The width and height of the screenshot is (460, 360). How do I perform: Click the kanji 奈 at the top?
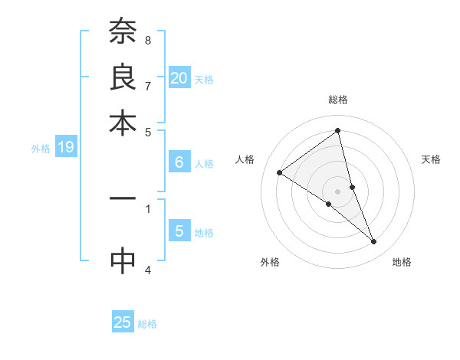123,33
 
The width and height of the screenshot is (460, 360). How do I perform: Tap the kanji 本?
123,123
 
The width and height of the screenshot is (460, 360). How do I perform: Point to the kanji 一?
123,198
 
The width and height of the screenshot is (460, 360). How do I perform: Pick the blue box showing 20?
179,77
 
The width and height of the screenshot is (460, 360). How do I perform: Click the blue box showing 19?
65,147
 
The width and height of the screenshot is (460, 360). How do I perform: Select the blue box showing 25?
123,322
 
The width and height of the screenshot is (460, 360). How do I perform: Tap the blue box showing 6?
179,162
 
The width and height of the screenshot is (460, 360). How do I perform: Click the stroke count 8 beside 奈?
148,40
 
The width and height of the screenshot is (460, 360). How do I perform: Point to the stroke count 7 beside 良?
148,86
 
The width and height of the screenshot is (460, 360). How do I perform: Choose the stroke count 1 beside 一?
148,206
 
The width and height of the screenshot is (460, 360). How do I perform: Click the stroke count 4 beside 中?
148,269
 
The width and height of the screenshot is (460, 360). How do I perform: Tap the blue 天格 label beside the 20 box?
204,79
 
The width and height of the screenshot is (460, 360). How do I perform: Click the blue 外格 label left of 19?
41,149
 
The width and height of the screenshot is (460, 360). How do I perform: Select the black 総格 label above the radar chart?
338,100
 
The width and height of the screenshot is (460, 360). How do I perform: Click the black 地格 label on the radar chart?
402,262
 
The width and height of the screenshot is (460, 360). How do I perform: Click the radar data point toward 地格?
374,242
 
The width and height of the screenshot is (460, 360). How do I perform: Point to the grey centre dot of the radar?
338,190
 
